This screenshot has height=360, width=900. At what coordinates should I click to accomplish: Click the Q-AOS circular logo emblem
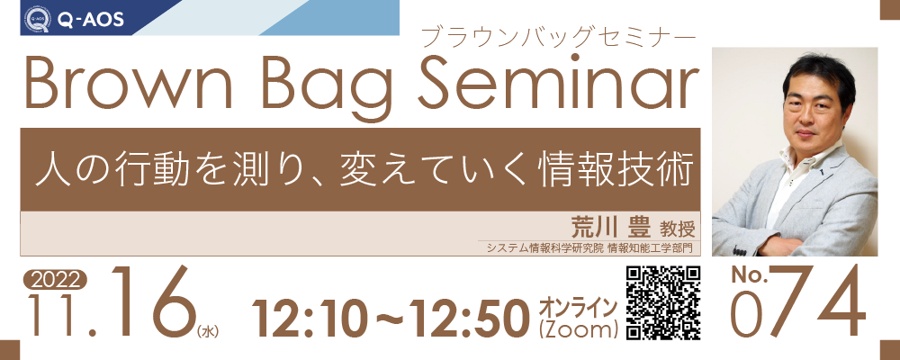tap(37, 19)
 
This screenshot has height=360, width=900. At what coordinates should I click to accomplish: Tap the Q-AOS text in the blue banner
tap(91, 20)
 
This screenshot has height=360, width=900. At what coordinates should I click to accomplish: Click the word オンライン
tap(578, 308)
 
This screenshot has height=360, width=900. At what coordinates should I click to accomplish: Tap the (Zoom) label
tap(578, 329)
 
